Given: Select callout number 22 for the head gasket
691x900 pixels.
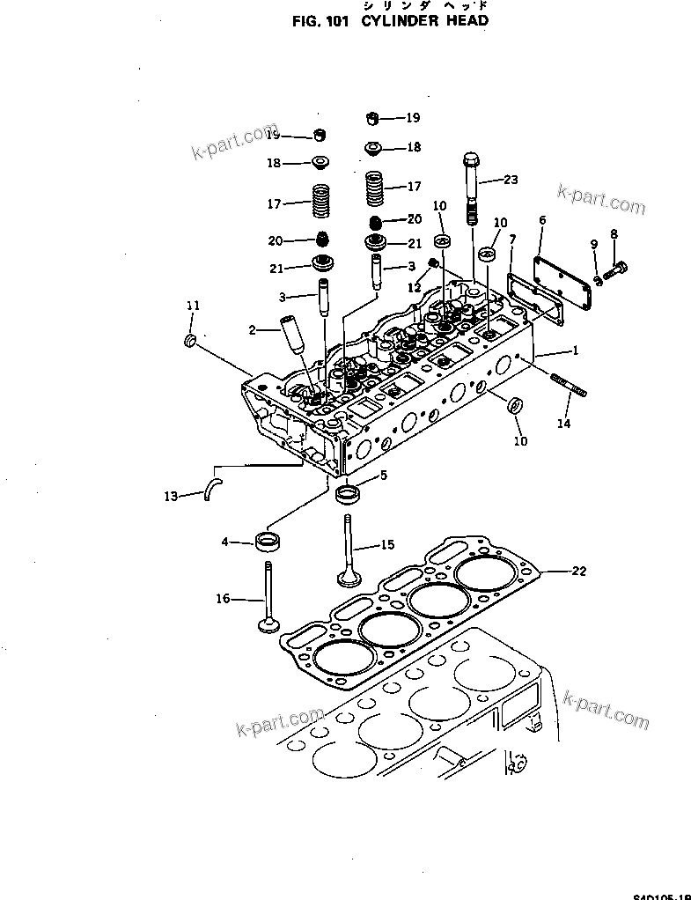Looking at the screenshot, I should [x=578, y=572].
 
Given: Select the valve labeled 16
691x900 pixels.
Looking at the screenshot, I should [x=267, y=599].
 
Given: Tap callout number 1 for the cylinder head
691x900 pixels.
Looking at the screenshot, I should [x=575, y=350].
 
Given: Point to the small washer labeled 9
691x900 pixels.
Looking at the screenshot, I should [x=599, y=279].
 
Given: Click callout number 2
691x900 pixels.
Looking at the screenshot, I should [x=252, y=331].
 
